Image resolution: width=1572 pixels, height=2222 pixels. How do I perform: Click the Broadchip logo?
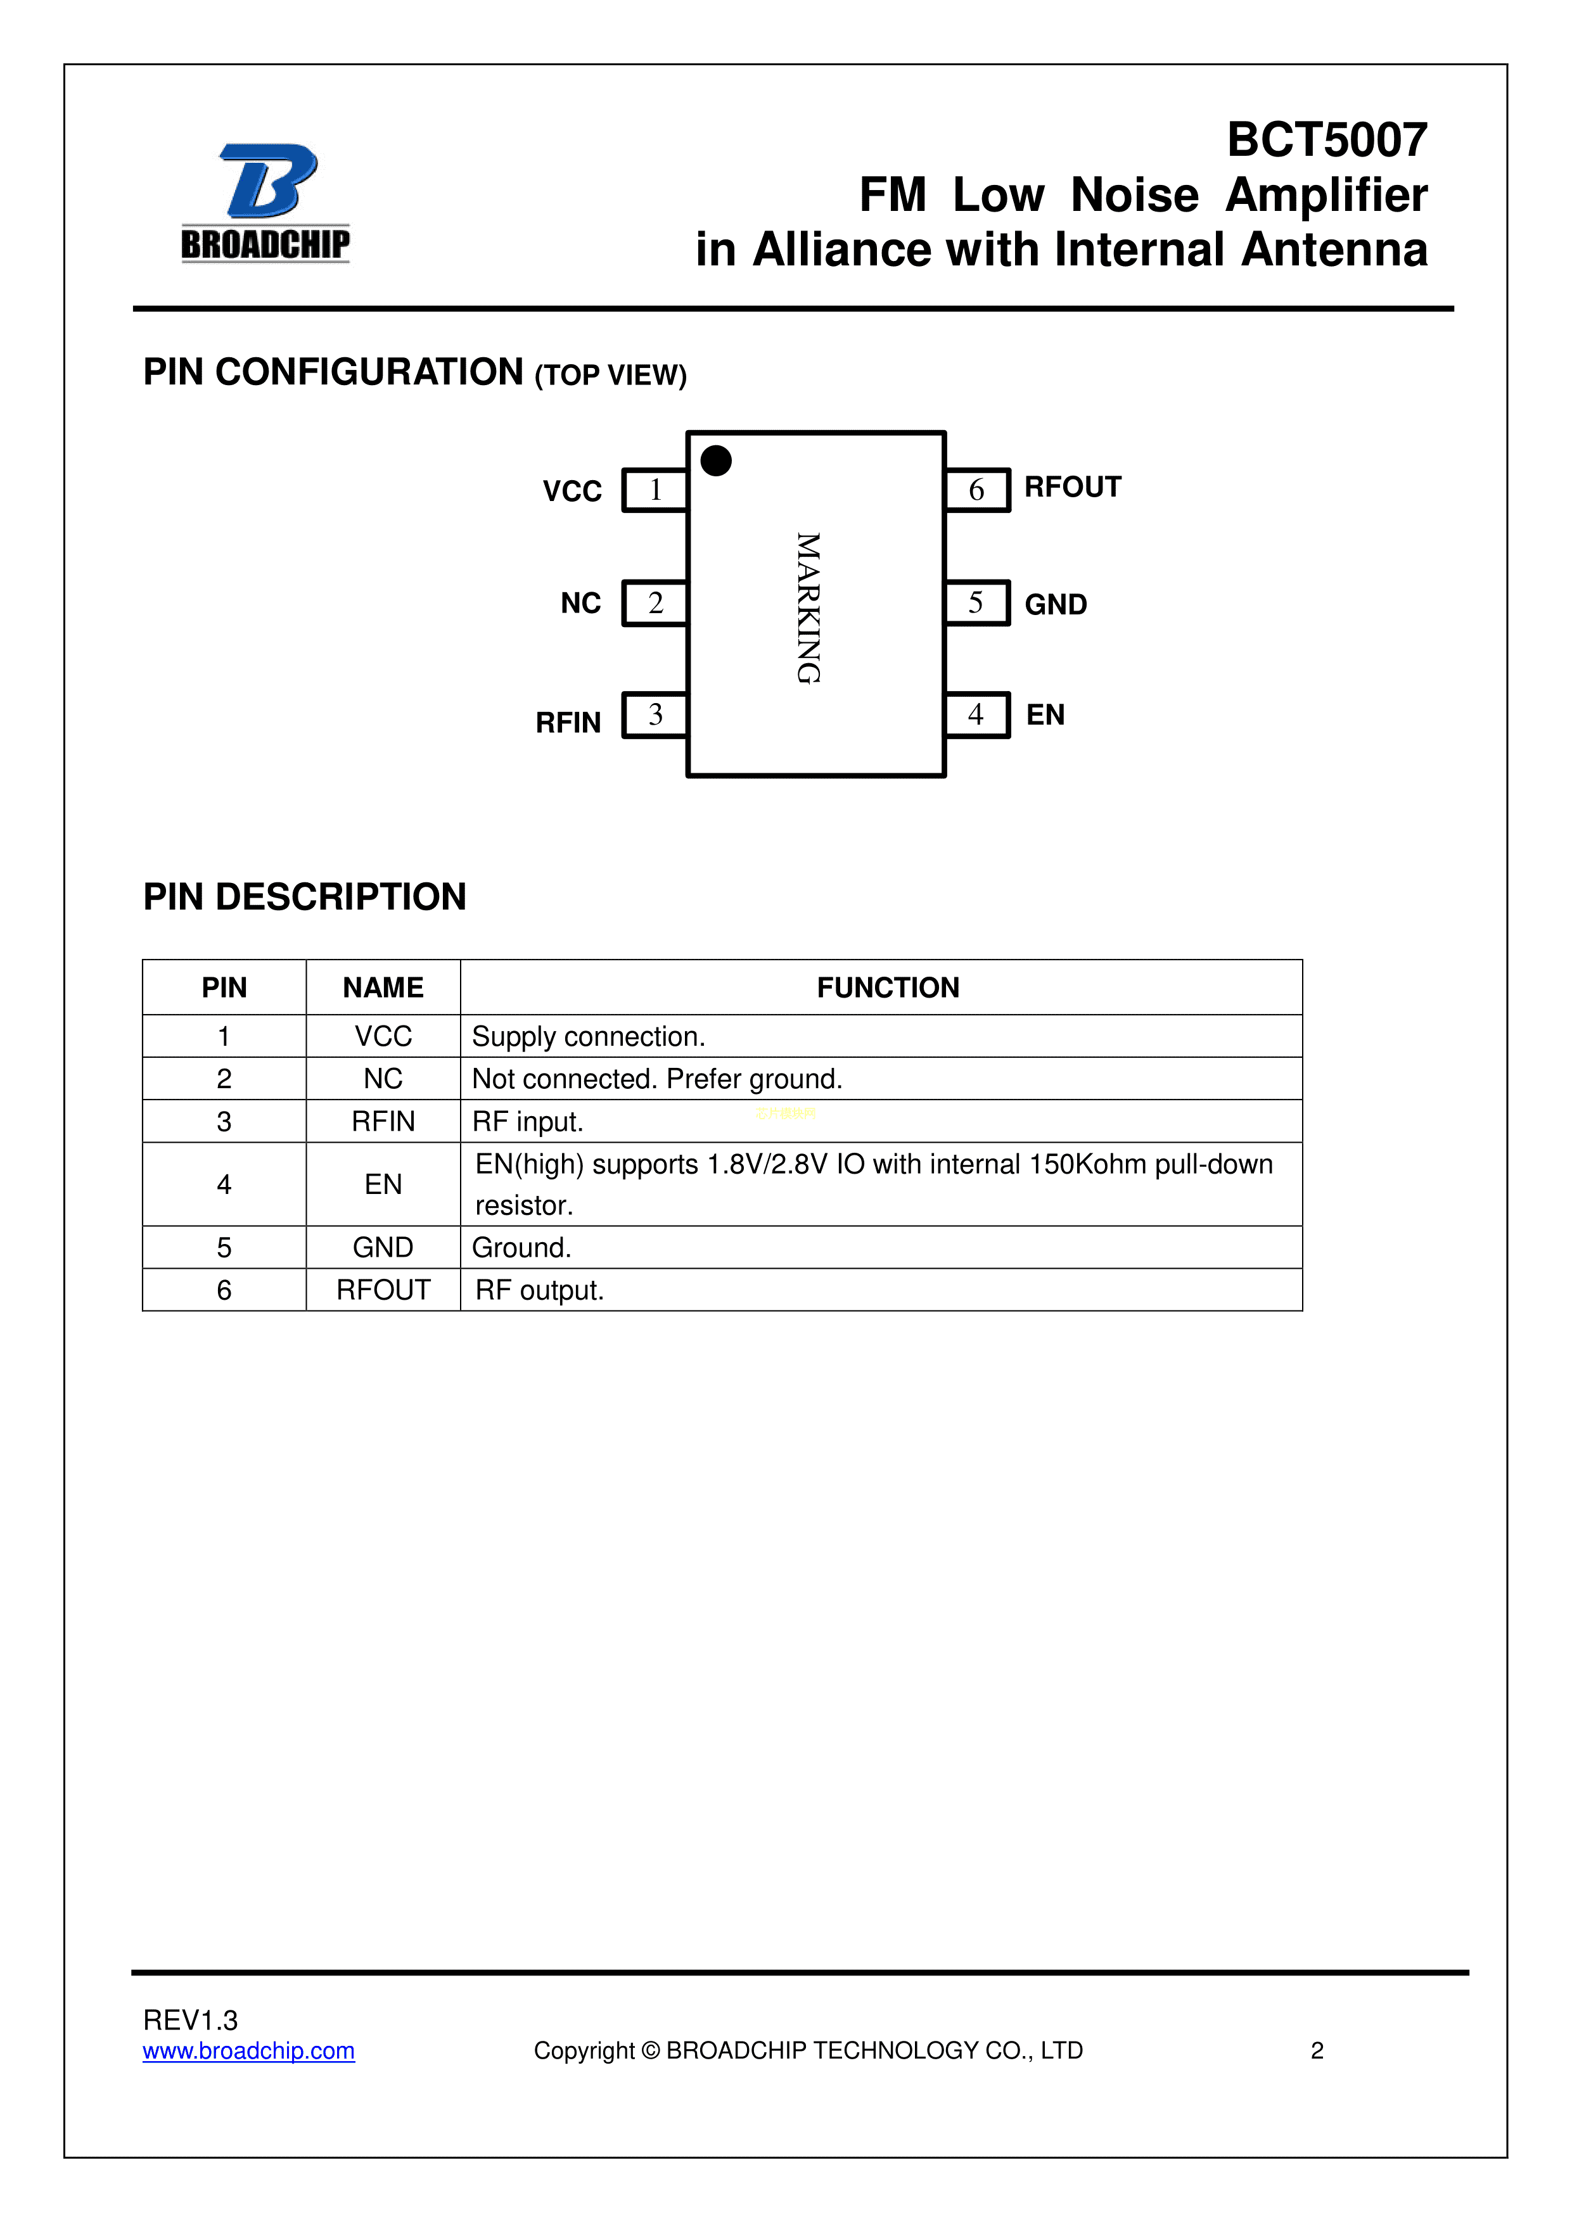click(x=265, y=203)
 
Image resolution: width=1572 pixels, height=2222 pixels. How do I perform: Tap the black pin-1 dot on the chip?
click(x=717, y=460)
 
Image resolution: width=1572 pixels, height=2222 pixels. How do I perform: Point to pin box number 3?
click(x=655, y=715)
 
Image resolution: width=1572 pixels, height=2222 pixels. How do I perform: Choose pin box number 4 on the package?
click(x=976, y=715)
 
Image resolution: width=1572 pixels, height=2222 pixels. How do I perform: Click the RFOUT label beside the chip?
click(x=1073, y=487)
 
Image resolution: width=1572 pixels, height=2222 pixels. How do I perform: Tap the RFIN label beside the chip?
click(x=568, y=723)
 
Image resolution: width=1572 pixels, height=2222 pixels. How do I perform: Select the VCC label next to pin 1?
click(x=572, y=492)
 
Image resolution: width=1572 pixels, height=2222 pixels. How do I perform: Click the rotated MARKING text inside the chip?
click(x=808, y=608)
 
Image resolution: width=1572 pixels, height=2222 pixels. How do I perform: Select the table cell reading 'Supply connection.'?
click(x=589, y=1036)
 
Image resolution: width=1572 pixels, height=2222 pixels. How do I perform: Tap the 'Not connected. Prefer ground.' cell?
click(x=657, y=1079)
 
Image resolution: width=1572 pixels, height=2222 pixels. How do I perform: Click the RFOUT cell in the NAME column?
click(x=383, y=1290)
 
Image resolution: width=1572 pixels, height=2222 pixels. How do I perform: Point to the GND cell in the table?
click(x=383, y=1247)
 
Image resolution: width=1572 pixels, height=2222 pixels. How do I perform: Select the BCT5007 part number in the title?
click(x=1327, y=141)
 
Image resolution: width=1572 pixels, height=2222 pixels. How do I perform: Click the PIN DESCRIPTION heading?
click(x=305, y=897)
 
